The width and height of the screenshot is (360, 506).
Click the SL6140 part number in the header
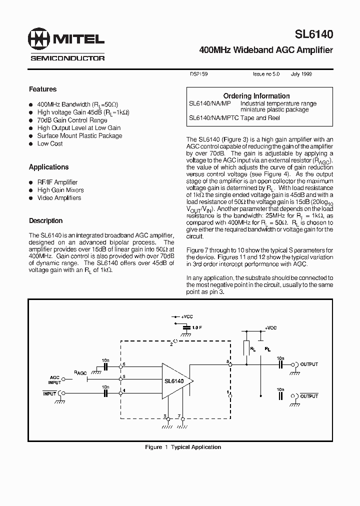[x=313, y=34]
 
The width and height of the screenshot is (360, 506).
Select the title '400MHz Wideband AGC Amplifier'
[x=265, y=50]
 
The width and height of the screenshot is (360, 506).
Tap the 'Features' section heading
[x=42, y=89]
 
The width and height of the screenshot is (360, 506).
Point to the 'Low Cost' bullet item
[x=49, y=143]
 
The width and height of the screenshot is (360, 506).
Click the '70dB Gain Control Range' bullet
[x=72, y=120]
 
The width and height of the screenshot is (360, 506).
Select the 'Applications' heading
[x=48, y=167]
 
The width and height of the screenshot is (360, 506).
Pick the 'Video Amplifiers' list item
[x=59, y=198]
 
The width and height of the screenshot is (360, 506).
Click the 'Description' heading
[x=45, y=220]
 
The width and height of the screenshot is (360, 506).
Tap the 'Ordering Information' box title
[x=256, y=95]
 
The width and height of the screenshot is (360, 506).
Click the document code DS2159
[x=198, y=74]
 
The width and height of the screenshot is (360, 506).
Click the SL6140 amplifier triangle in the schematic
[x=174, y=381]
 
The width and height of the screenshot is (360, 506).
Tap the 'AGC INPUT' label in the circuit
[x=54, y=380]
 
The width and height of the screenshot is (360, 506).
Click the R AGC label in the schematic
[x=80, y=373]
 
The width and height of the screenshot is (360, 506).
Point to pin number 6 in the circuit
[x=124, y=364]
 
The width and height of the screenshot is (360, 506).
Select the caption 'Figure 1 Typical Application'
[x=183, y=447]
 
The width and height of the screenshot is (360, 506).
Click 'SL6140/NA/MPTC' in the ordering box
[x=209, y=118]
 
